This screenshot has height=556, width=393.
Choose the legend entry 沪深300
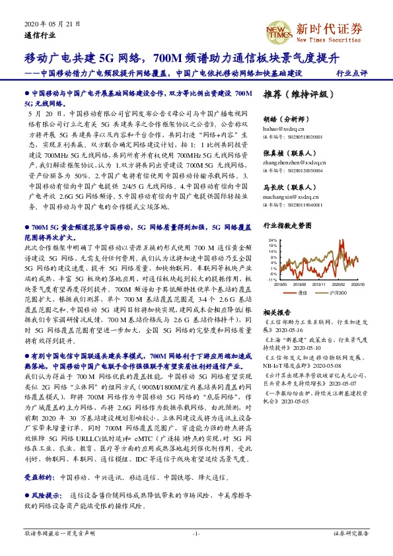tap(339, 292)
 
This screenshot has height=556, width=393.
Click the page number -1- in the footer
tap(196, 533)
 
